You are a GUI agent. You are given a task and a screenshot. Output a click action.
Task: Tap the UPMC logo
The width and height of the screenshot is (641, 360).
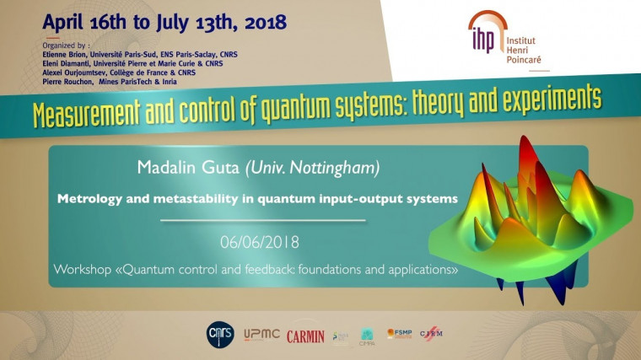[261, 336]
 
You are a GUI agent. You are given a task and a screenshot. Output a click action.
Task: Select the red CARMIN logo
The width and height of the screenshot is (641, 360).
[304, 336]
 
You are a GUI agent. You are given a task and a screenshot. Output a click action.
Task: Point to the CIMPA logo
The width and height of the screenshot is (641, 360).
[367, 336]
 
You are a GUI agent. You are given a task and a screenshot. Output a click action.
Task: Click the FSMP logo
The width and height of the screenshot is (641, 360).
[399, 334]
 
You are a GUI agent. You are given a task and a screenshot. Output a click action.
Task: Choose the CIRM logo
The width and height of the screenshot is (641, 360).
[431, 335]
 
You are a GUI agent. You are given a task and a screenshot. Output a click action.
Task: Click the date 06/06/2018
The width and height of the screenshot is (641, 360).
[261, 242]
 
